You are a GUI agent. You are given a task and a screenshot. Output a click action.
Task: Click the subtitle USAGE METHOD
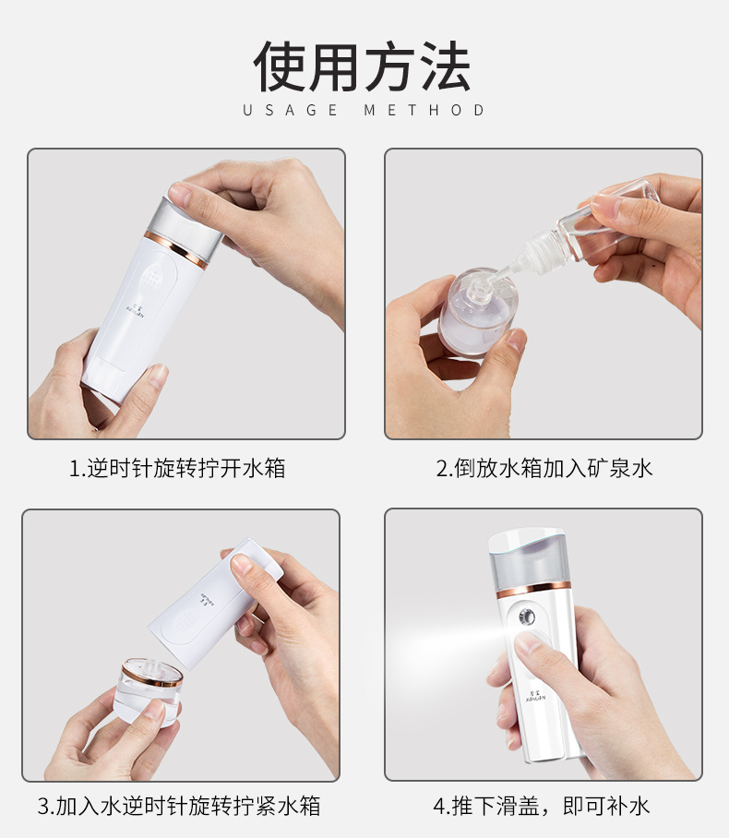pyautogui.click(x=364, y=111)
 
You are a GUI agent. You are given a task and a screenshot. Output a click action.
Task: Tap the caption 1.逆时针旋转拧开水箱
pyautogui.click(x=177, y=468)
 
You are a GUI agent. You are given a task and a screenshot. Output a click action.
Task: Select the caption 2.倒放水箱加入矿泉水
pyautogui.click(x=544, y=468)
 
